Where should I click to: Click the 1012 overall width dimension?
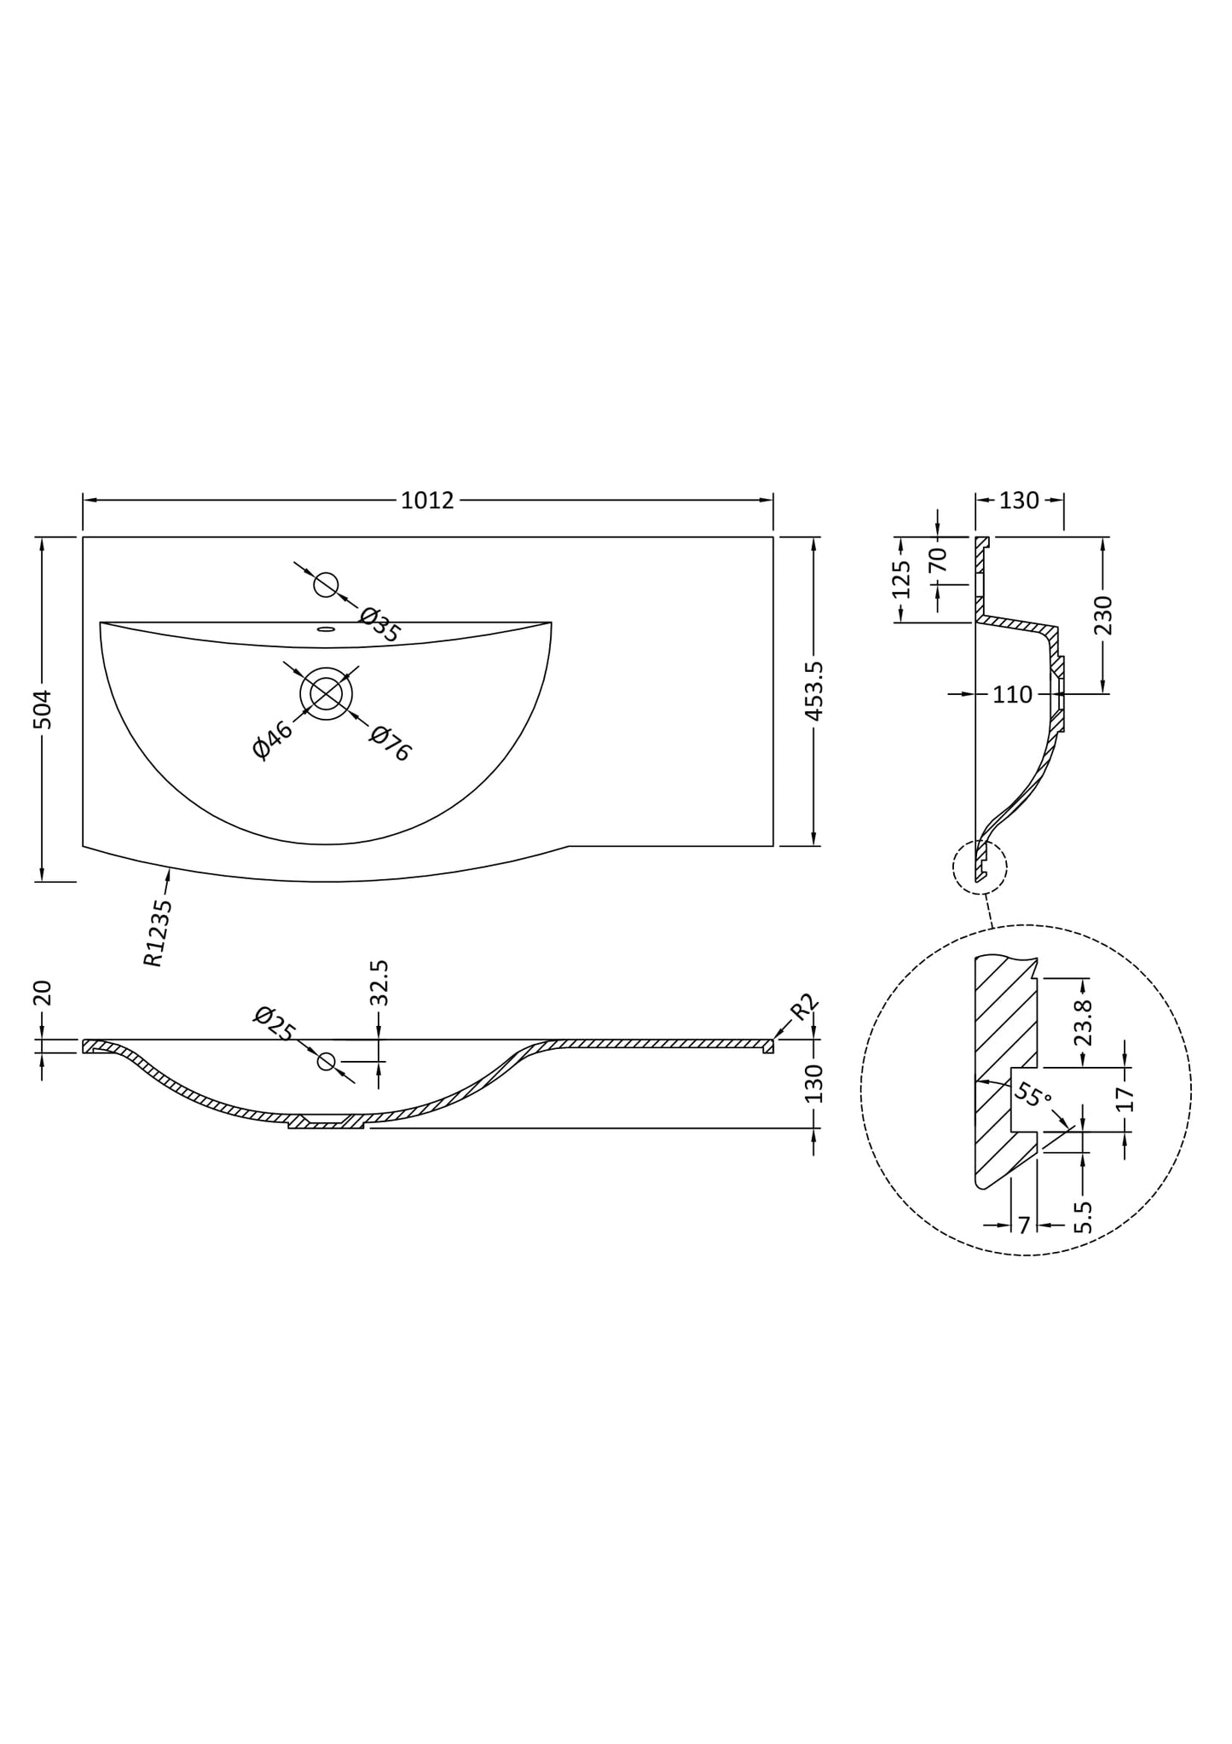tap(427, 501)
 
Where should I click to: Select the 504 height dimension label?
tap(43, 710)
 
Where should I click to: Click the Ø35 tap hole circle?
tap(326, 585)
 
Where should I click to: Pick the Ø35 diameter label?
tap(380, 625)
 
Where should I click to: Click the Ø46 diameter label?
tap(273, 739)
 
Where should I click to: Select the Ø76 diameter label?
tap(390, 744)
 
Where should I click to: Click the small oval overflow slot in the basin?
tap(326, 630)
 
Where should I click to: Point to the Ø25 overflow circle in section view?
tap(327, 1061)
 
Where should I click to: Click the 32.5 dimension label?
tap(380, 983)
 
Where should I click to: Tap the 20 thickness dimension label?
tap(43, 993)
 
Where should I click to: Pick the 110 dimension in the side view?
tap(1012, 695)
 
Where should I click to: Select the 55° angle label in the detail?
tap(1033, 1094)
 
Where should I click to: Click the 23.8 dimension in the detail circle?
tap(1083, 1023)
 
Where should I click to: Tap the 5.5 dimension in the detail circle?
tap(1083, 1217)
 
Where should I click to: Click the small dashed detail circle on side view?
tap(980, 867)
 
